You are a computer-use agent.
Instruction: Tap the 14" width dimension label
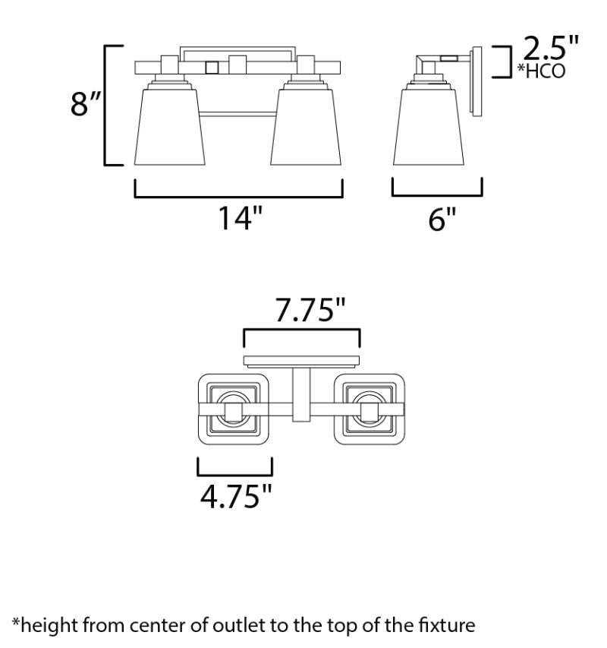click(x=241, y=218)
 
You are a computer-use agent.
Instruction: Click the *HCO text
click(x=542, y=72)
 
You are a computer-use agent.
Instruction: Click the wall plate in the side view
click(x=478, y=82)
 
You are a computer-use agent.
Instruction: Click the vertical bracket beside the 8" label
click(x=107, y=105)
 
